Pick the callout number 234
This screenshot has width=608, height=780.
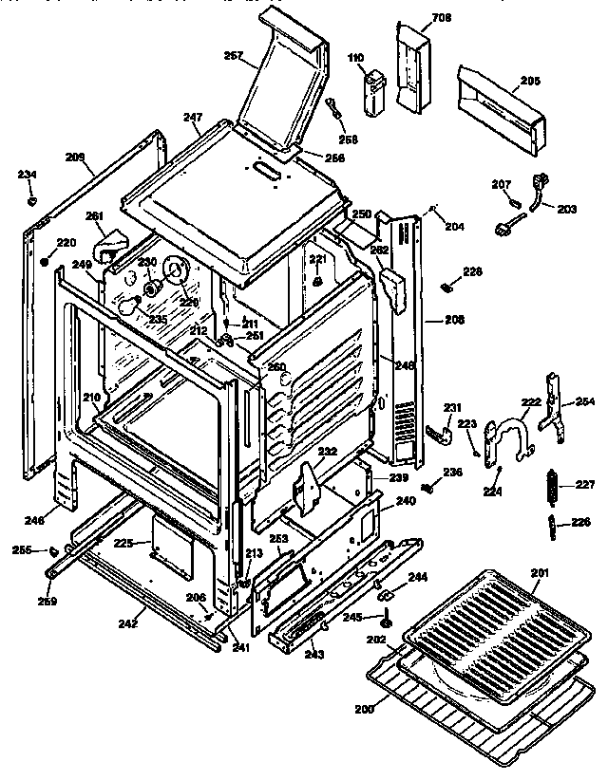click(x=28, y=175)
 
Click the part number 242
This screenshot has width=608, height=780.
click(x=128, y=623)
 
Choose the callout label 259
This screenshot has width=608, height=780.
click(x=47, y=601)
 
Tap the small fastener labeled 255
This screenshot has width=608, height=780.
click(x=54, y=551)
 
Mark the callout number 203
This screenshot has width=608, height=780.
click(x=566, y=208)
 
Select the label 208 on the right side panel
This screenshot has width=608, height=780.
click(x=454, y=321)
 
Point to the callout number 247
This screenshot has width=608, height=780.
click(x=193, y=118)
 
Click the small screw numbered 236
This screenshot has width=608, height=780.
click(x=427, y=487)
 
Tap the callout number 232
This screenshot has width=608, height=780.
click(x=327, y=451)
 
